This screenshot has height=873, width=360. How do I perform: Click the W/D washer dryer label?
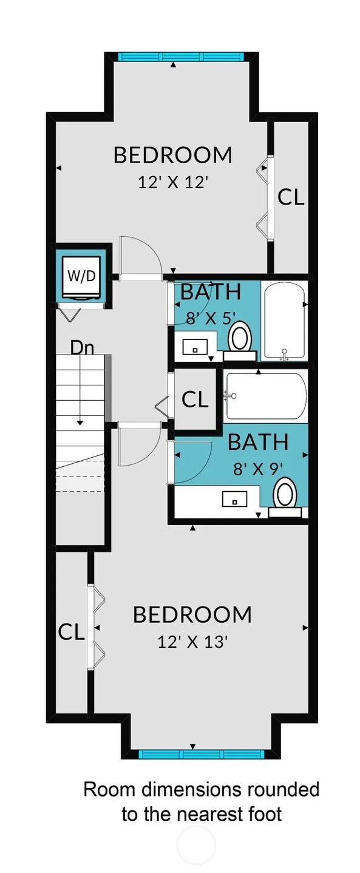tap(81, 276)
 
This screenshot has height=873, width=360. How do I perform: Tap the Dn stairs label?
tap(83, 348)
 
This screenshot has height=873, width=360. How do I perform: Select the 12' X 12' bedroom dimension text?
tap(172, 182)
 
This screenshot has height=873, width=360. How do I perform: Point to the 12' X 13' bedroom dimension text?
tap(192, 641)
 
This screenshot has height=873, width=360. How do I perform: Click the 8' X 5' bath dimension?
tap(211, 318)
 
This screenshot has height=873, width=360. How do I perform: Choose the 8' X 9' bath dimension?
tap(257, 469)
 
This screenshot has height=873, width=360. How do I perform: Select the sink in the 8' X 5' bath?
tap(195, 346)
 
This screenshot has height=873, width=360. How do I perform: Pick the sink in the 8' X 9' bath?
tap(234, 499)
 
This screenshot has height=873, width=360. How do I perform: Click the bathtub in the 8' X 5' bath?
tap(284, 321)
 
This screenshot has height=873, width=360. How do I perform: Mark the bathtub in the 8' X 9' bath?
tap(265, 397)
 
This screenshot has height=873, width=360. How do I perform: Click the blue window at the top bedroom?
tap(181, 56)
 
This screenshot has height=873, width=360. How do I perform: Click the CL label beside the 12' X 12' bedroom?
tap(291, 197)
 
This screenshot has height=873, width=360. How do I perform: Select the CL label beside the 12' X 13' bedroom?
tap(71, 632)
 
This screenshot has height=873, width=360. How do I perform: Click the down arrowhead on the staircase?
tap(80, 422)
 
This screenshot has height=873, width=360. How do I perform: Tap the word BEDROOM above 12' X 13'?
tap(192, 614)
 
